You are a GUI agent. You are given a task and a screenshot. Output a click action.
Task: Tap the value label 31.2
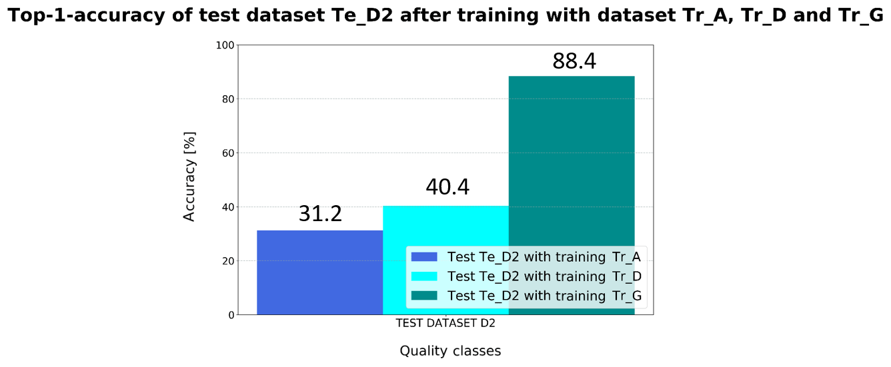point(320,214)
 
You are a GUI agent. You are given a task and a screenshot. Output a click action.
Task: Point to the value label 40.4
point(448,187)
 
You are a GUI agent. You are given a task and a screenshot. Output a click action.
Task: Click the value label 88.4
point(574,61)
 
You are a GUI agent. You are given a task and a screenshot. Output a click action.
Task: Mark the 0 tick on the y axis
point(230,315)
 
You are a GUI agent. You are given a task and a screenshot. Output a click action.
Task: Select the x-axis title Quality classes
point(450,351)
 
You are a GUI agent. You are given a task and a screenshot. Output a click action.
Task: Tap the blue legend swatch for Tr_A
point(423,257)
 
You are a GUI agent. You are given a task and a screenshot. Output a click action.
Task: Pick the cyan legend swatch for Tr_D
point(423,276)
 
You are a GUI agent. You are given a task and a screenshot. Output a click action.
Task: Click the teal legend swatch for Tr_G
point(423,296)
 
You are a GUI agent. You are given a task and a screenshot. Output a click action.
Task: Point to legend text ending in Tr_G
point(544,296)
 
